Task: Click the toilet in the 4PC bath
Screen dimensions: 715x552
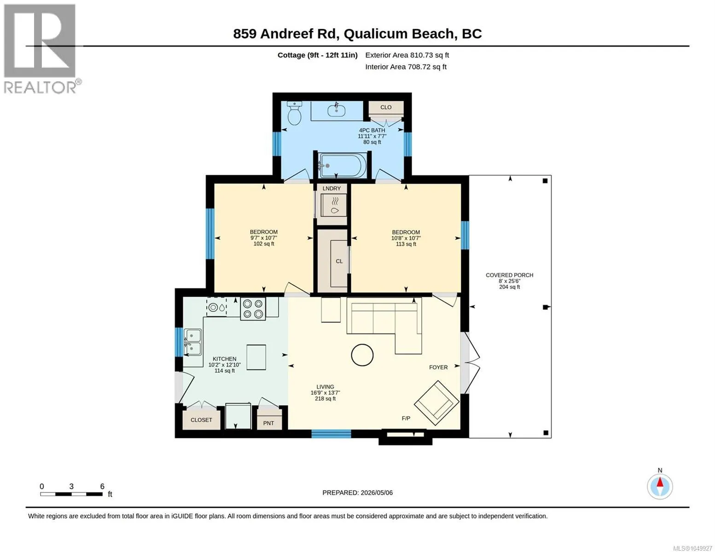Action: tap(295, 113)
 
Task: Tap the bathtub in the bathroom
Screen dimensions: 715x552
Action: tap(342, 165)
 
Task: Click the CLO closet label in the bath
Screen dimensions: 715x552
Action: tap(386, 107)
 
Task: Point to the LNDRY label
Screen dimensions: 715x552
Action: tap(331, 189)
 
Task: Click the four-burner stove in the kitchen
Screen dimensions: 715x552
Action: tap(253, 308)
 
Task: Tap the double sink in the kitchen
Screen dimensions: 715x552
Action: tap(193, 342)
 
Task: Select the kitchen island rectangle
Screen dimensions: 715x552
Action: tap(256, 357)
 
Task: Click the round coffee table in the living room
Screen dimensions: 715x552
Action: tap(362, 355)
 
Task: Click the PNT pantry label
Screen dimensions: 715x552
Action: tap(268, 423)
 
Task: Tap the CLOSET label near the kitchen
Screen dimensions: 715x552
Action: tap(201, 420)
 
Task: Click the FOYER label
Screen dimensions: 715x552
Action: tap(438, 367)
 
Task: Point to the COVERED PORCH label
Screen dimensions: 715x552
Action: tap(509, 275)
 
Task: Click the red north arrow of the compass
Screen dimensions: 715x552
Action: tap(660, 482)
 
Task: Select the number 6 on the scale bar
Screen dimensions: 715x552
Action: tap(102, 486)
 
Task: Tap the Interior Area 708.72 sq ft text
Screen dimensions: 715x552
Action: tap(406, 67)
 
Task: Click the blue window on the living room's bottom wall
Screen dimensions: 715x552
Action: tap(331, 434)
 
